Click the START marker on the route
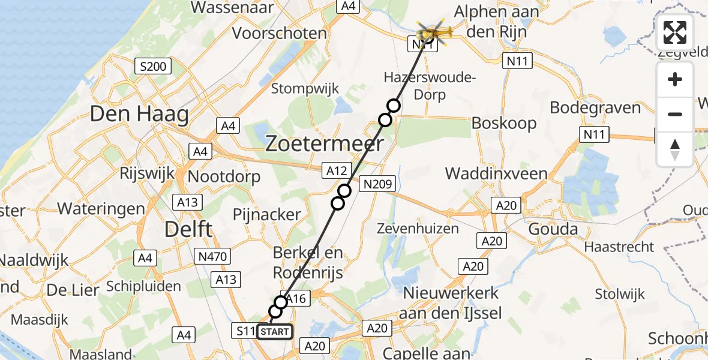[275, 332]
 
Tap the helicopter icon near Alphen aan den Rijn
[432, 31]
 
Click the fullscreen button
[675, 32]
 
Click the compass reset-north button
[675, 149]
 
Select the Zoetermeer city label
[324, 144]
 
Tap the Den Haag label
[139, 114]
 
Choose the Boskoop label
[504, 122]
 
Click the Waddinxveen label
[496, 175]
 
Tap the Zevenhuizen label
[418, 228]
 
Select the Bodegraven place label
[595, 109]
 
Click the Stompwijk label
[305, 89]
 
